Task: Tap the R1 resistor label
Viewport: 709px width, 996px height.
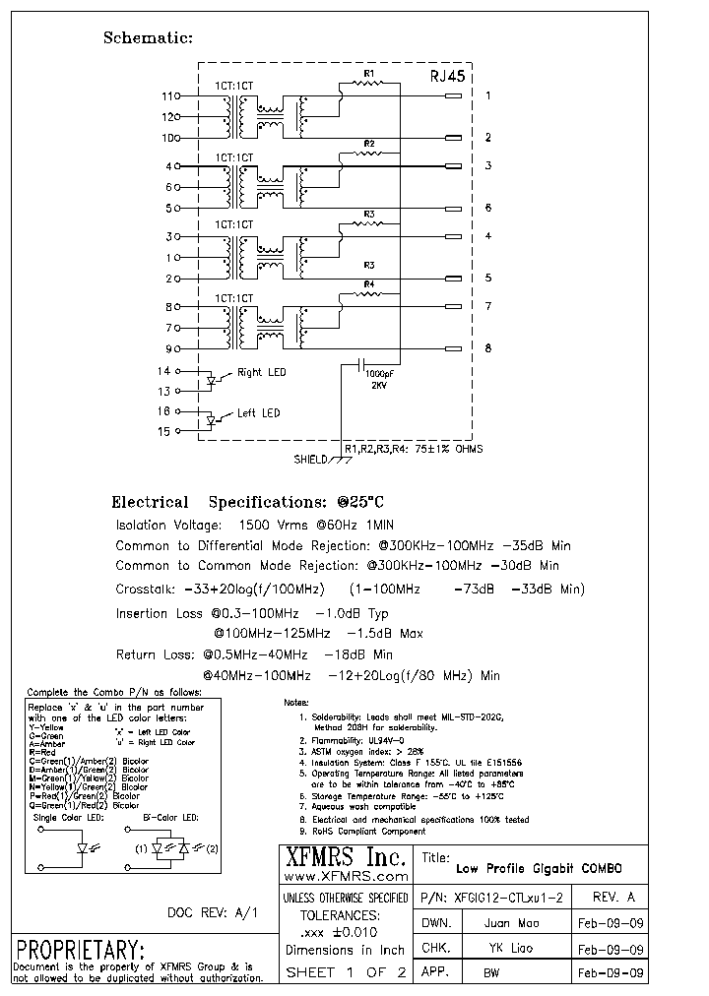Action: tap(369, 74)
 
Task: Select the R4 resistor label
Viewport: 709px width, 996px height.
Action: tap(369, 285)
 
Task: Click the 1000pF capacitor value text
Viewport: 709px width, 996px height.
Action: tap(381, 375)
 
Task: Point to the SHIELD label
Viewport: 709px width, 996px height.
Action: tap(312, 460)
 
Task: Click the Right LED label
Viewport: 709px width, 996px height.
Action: tap(262, 373)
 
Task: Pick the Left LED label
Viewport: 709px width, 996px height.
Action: tap(258, 413)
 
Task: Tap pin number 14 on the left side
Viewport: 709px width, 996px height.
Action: tap(164, 371)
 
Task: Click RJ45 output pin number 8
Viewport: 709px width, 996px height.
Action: tap(487, 348)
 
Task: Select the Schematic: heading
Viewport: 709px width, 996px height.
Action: tap(148, 38)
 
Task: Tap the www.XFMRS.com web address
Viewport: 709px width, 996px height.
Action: tap(345, 876)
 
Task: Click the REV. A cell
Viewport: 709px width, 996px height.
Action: tap(614, 898)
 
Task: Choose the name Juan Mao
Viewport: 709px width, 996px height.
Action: tap(511, 924)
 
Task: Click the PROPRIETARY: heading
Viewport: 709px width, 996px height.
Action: tap(81, 950)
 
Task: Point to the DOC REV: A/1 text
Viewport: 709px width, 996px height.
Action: tap(212, 913)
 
